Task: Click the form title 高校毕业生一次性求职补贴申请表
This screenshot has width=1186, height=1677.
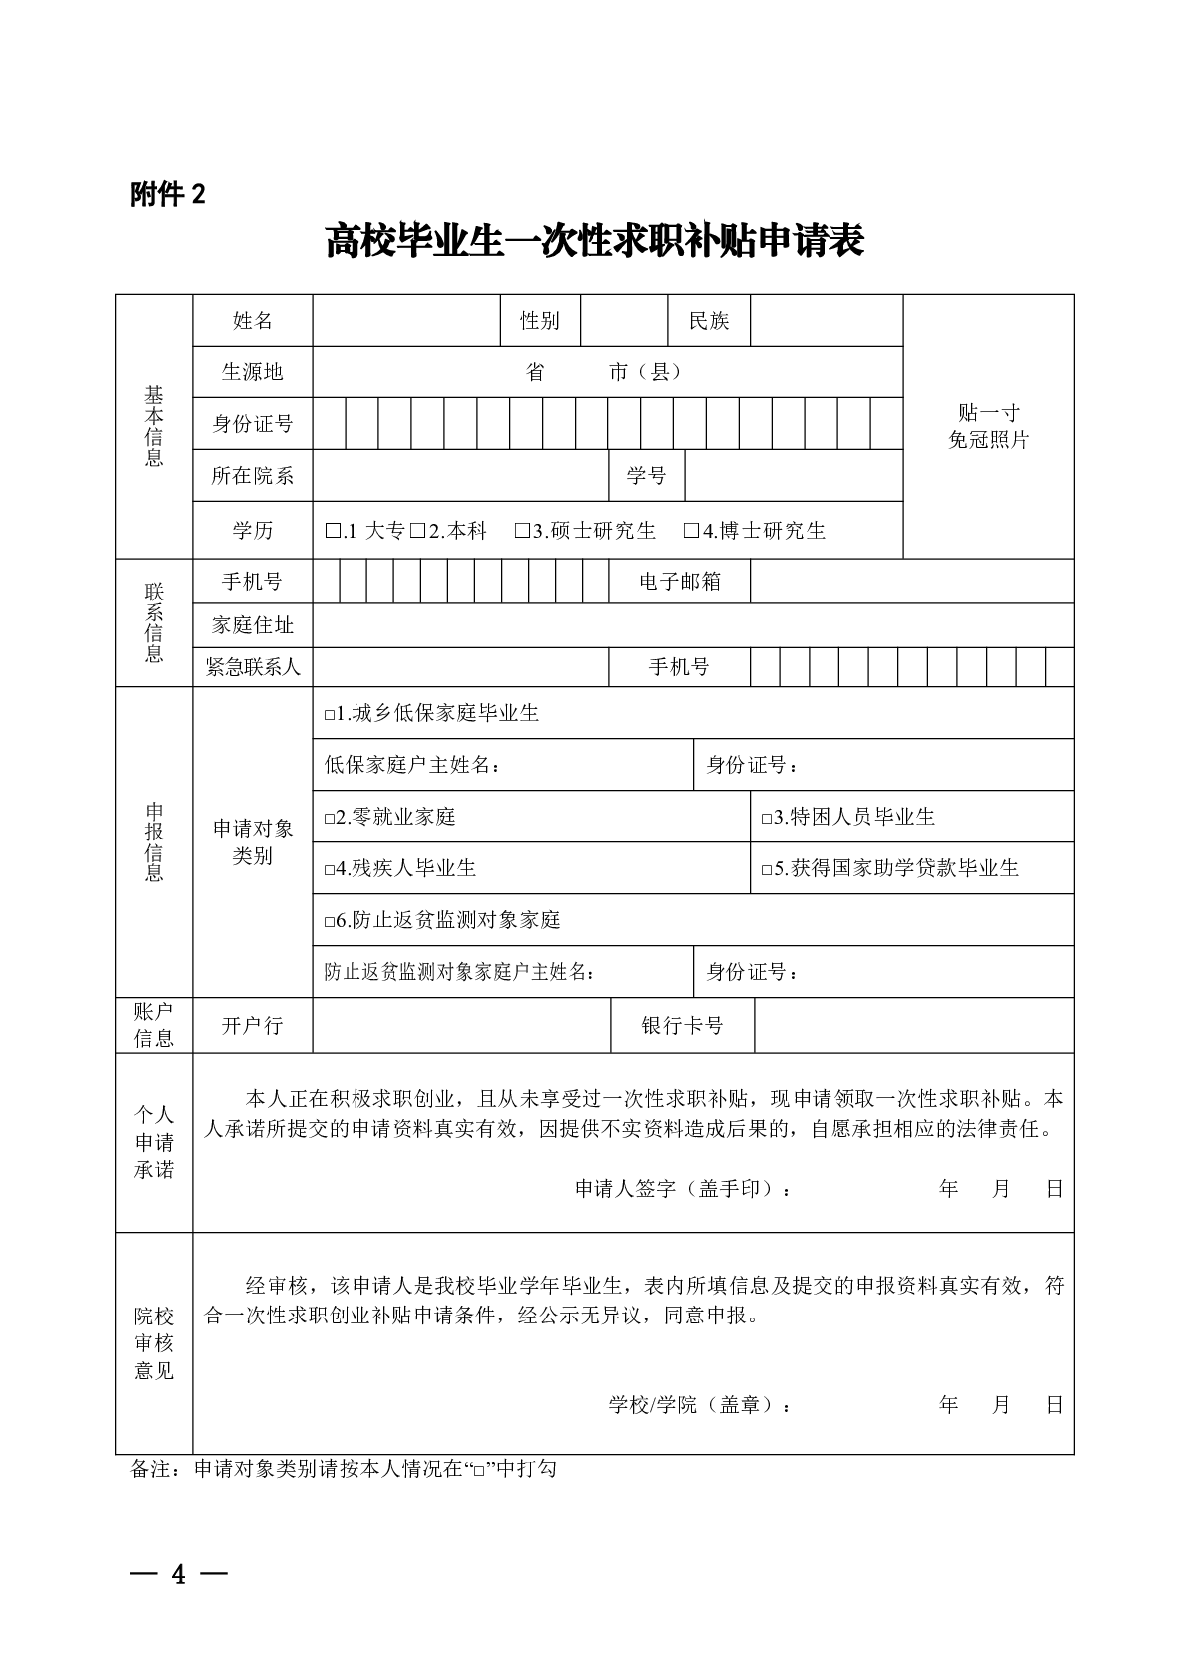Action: click(593, 242)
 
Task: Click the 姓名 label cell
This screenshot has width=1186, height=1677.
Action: click(252, 321)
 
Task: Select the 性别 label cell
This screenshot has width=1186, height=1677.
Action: click(539, 321)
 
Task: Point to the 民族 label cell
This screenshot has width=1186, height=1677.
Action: click(708, 321)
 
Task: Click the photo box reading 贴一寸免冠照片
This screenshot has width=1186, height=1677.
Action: click(988, 426)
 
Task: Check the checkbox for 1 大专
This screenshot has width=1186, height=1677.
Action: click(333, 532)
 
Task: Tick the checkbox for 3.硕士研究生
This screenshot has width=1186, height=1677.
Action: click(522, 532)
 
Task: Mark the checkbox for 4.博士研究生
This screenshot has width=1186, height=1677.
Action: click(691, 532)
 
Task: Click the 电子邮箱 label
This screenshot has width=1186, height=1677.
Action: click(679, 582)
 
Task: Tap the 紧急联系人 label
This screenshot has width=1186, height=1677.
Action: click(252, 667)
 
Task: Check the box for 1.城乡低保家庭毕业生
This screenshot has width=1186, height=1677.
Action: click(330, 715)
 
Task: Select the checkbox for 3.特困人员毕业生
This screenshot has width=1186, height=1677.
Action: click(767, 819)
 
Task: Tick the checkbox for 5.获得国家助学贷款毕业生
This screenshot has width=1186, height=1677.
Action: click(767, 870)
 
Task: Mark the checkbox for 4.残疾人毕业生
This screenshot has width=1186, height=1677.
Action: click(330, 870)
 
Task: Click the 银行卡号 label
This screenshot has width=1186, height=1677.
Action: click(682, 1026)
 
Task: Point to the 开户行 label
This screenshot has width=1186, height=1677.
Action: click(252, 1026)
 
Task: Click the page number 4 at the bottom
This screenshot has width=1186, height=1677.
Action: click(179, 1574)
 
